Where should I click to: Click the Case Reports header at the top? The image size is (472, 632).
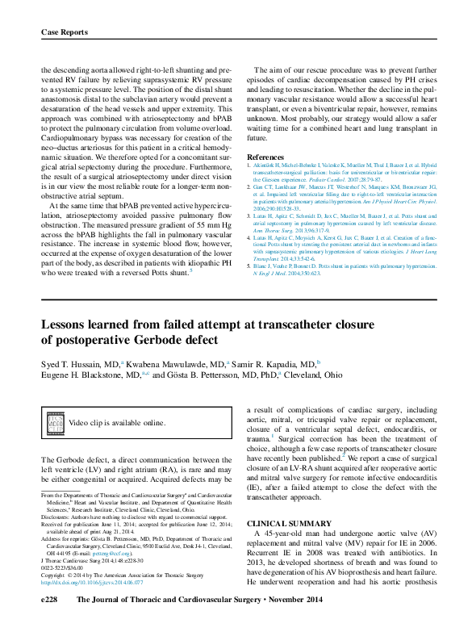click(x=64, y=32)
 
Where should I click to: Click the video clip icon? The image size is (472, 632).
click(x=55, y=422)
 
